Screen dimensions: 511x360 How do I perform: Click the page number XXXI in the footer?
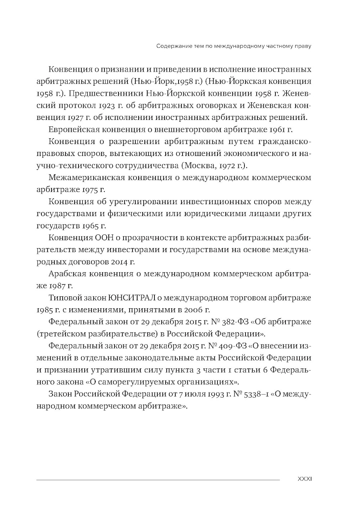click(304, 479)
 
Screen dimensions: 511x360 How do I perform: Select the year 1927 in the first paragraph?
click(76, 117)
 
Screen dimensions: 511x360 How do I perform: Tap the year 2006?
click(193, 310)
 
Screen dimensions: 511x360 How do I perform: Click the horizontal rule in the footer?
click(158, 480)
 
